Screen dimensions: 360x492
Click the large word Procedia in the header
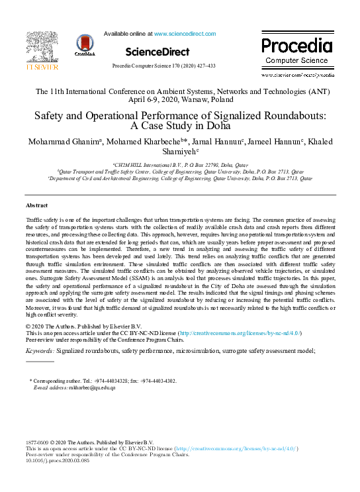coord(296,46)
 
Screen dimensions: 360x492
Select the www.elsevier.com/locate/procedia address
coord(297,75)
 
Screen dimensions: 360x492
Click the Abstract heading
coord(36,206)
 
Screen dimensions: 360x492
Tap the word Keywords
coord(40,350)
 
